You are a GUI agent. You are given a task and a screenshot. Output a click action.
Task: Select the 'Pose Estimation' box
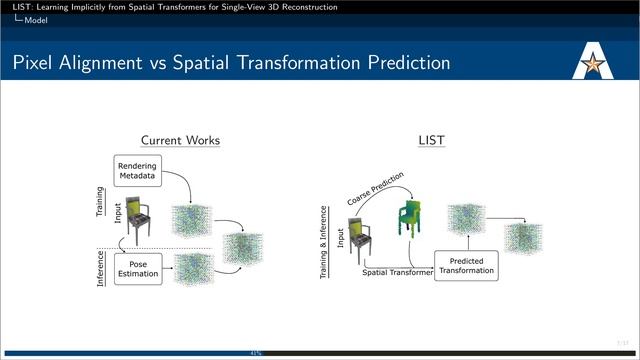click(x=138, y=268)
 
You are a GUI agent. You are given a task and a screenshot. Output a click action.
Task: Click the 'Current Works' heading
click(x=180, y=141)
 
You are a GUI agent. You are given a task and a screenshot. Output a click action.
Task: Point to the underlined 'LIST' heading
click(x=431, y=141)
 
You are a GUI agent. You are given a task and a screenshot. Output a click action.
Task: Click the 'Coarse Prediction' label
click(x=375, y=190)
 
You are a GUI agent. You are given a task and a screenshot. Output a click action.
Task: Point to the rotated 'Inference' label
click(x=100, y=269)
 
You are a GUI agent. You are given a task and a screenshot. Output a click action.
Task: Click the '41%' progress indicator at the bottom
click(x=256, y=352)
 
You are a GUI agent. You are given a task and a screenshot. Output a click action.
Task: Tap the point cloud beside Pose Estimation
click(x=194, y=267)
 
